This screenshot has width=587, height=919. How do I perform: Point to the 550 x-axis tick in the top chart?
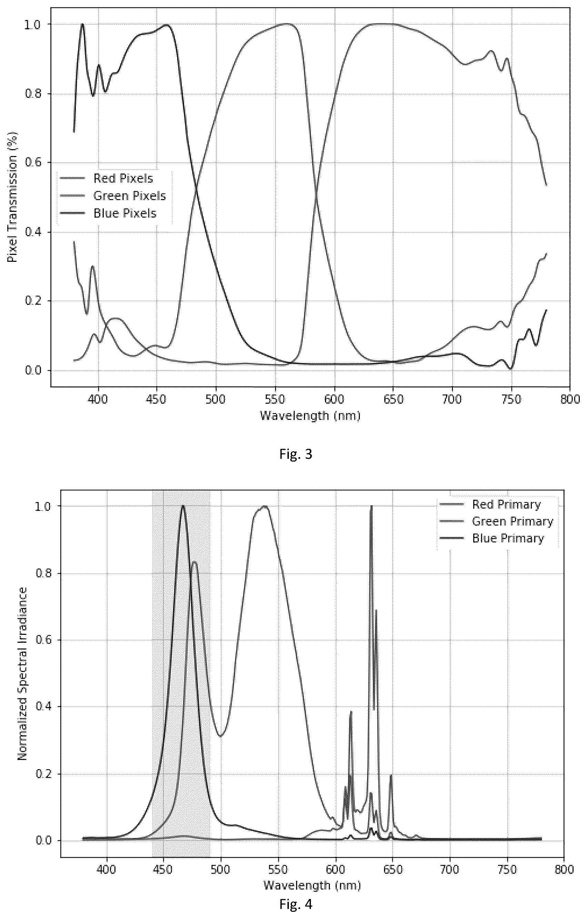click(x=276, y=400)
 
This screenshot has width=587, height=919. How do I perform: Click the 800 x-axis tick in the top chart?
click(x=570, y=400)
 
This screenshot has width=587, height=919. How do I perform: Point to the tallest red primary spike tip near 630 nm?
click(x=371, y=506)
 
